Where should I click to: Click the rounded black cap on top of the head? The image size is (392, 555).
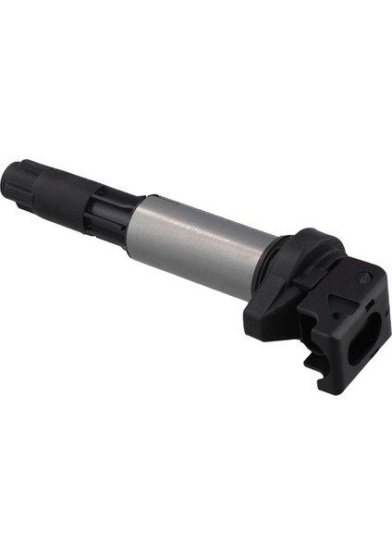tap(310, 245)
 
